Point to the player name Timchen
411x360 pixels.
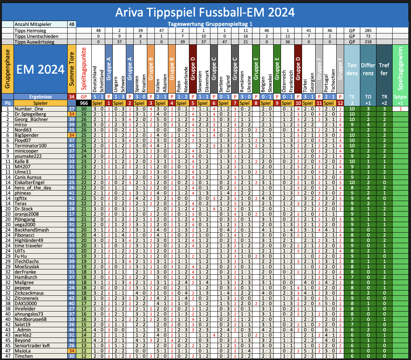pos(24,356)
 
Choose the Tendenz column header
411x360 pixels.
pos(352,69)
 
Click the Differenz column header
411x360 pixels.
pos(368,69)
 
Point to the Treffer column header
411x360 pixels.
pos(384,69)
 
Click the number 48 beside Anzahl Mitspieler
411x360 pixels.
pos(71,24)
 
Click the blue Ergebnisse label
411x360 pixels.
pos(40,96)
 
